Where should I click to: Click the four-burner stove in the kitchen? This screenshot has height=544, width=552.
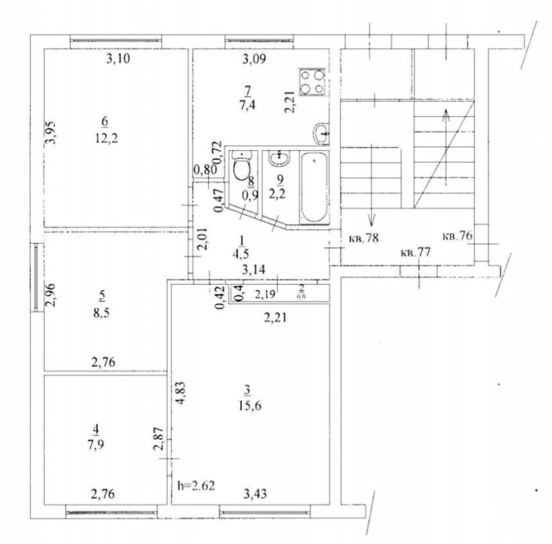pos(313,82)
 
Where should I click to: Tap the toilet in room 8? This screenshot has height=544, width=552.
pos(242,168)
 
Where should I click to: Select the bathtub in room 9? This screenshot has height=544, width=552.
pos(313,186)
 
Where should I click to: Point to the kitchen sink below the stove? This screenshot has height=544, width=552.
pos(321,134)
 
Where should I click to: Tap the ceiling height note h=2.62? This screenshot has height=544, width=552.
pos(196,485)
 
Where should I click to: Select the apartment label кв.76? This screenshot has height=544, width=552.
pos(457,236)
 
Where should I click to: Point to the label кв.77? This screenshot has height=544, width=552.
pos(415,252)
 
